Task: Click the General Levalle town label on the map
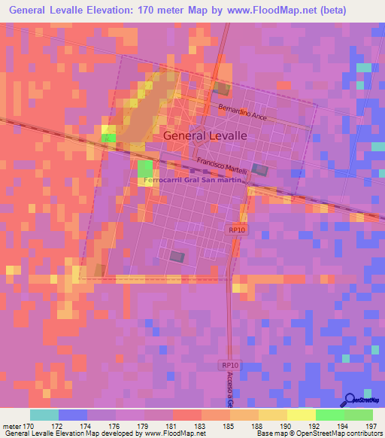[205, 135]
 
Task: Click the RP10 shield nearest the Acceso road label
[229, 365]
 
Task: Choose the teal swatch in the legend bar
[44, 415]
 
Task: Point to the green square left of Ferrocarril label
[144, 168]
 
